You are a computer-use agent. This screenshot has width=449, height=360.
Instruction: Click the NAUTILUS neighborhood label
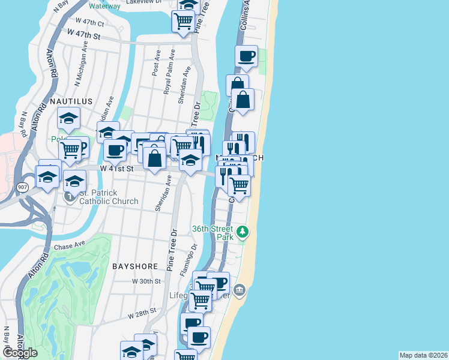click(x=71, y=101)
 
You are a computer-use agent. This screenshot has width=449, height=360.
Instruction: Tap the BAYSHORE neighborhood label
click(x=135, y=266)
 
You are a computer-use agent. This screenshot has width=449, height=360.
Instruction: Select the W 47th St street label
click(x=83, y=35)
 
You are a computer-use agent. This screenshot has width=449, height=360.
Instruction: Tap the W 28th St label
click(x=142, y=312)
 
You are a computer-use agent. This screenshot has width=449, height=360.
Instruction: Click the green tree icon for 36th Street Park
click(x=242, y=231)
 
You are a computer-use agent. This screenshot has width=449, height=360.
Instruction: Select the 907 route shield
click(x=21, y=187)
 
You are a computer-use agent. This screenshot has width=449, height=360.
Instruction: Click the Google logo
click(x=19, y=352)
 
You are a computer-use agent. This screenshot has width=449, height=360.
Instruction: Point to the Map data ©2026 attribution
click(x=423, y=355)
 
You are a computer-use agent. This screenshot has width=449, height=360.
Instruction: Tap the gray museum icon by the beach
click(x=240, y=291)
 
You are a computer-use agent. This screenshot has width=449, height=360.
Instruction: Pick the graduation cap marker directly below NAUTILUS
click(x=69, y=118)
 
